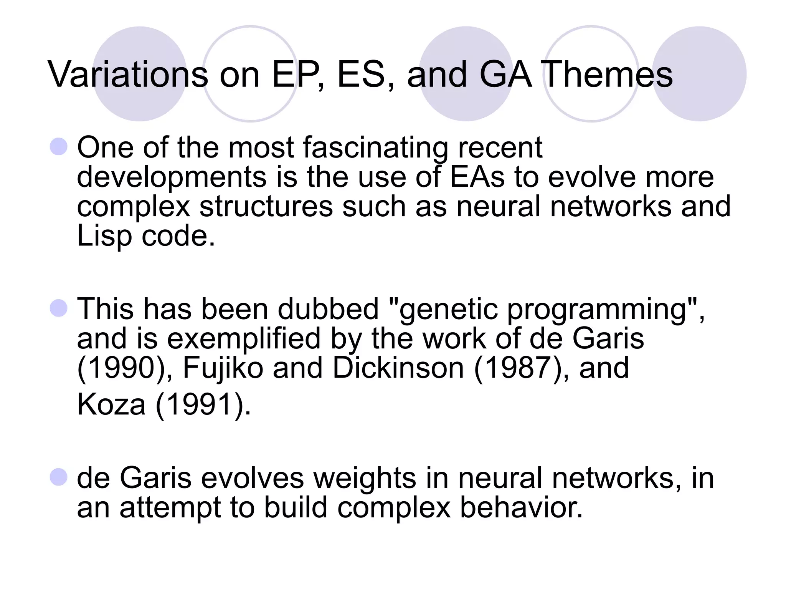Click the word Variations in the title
point(128,75)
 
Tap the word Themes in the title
point(608,75)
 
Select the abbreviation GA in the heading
point(505,75)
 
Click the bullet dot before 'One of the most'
point(59,147)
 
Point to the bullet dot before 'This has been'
point(59,308)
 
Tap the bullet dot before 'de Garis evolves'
point(59,477)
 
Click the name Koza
point(111,404)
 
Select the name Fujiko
point(223,368)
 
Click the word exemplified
point(244,339)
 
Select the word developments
point(172,177)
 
